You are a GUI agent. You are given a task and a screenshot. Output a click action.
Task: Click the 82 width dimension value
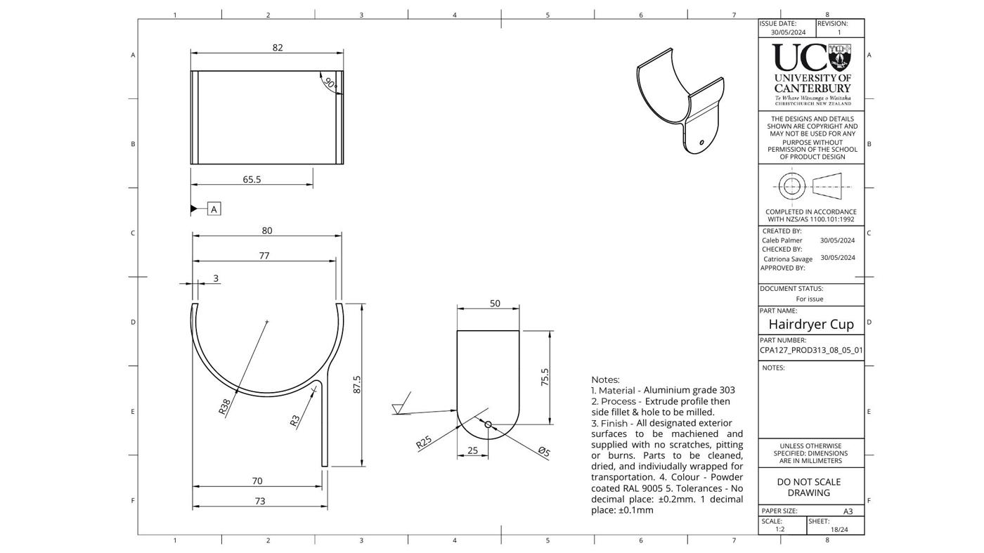click(278, 48)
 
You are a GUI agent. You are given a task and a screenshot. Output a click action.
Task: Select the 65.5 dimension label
click(252, 179)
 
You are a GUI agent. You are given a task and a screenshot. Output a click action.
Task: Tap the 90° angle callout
click(330, 83)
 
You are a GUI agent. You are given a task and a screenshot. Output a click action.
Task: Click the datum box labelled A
click(214, 209)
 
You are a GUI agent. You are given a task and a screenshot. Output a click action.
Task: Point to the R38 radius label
click(224, 407)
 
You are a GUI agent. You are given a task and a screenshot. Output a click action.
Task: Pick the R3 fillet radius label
click(294, 421)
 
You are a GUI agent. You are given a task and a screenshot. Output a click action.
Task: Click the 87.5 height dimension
click(357, 384)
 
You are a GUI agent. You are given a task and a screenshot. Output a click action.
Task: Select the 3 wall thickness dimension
click(216, 278)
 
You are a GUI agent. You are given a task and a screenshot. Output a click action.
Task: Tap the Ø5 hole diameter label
click(544, 452)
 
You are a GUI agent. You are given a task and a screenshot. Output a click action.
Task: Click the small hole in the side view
click(488, 424)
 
